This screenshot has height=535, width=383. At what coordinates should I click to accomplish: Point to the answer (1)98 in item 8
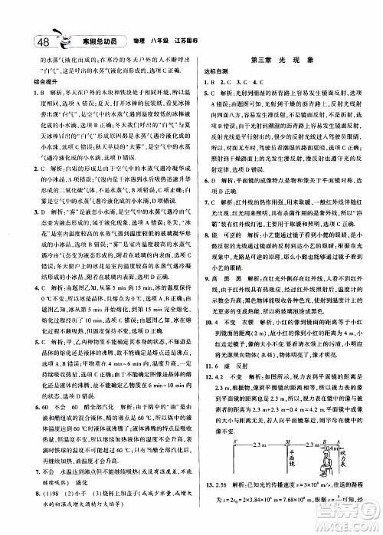point(47,484)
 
